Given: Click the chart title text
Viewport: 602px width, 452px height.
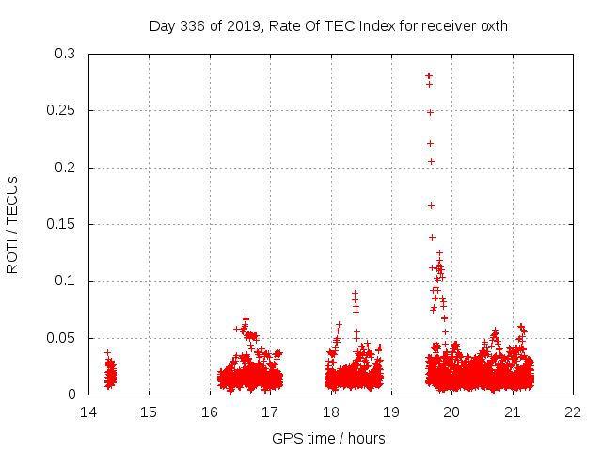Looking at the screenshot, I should coord(328,26).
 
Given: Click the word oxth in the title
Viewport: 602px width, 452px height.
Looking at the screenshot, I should coord(493,26).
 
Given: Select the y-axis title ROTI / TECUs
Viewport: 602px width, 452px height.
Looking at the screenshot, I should coord(13,224).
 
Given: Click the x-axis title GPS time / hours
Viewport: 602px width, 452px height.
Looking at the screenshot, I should coord(328,438).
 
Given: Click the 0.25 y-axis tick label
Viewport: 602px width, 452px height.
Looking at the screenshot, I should coord(65,111).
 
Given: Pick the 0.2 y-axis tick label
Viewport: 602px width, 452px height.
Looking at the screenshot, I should coord(69,168).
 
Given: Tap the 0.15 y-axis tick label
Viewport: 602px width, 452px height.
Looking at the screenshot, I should coord(65,224).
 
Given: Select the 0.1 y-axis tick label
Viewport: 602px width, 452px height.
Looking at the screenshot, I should coord(69,281).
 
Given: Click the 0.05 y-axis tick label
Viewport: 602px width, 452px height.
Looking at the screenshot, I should coord(65,337).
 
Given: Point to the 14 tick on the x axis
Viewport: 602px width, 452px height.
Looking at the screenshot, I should coord(88,412).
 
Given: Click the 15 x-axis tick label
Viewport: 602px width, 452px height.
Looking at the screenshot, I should coord(149,412).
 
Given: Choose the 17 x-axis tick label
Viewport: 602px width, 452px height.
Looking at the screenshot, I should coord(270,412).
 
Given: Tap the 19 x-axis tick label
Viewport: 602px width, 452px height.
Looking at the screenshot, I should coord(391,412).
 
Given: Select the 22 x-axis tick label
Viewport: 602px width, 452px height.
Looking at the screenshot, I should coord(573,412).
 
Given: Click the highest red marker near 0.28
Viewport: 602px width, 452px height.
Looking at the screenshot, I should coord(428,75).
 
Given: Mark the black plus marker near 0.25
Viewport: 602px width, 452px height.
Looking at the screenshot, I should coord(430,112).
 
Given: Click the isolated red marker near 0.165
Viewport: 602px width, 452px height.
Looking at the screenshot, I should coord(431,205).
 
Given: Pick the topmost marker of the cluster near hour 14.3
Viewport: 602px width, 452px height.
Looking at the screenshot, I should coord(107,352).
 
